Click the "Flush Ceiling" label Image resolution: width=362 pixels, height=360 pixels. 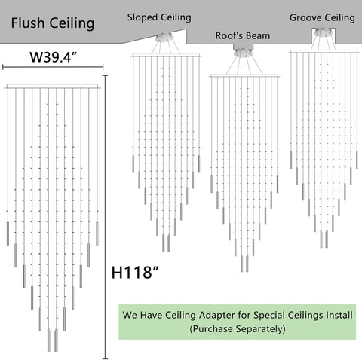click(53, 23)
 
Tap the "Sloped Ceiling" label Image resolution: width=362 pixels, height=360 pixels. click(159, 17)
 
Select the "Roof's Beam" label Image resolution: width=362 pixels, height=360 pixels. click(243, 35)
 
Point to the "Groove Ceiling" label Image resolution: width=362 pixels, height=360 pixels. click(322, 18)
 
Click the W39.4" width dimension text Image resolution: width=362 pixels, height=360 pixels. click(53, 57)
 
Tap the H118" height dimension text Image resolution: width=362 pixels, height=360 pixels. click(135, 272)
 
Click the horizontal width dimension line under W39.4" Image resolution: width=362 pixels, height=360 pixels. click(53, 67)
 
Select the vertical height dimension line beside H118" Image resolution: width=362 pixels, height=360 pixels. click(106, 217)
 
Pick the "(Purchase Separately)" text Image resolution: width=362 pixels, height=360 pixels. click(238, 328)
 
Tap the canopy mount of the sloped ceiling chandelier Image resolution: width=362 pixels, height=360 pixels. click(164, 38)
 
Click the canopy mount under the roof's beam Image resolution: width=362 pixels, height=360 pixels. click(243, 53)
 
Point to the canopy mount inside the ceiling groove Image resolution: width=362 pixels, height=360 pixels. click(323, 32)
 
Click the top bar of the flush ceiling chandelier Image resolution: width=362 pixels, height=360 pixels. click(53, 87)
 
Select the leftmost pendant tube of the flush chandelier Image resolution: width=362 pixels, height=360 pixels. click(8, 233)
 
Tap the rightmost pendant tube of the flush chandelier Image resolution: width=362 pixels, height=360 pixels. click(97, 233)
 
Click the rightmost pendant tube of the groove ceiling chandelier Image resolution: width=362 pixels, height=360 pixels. click(357, 160)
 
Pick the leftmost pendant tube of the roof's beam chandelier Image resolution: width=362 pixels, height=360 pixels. click(211, 184)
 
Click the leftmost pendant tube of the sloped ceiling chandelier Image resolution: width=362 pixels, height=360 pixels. click(133, 164)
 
